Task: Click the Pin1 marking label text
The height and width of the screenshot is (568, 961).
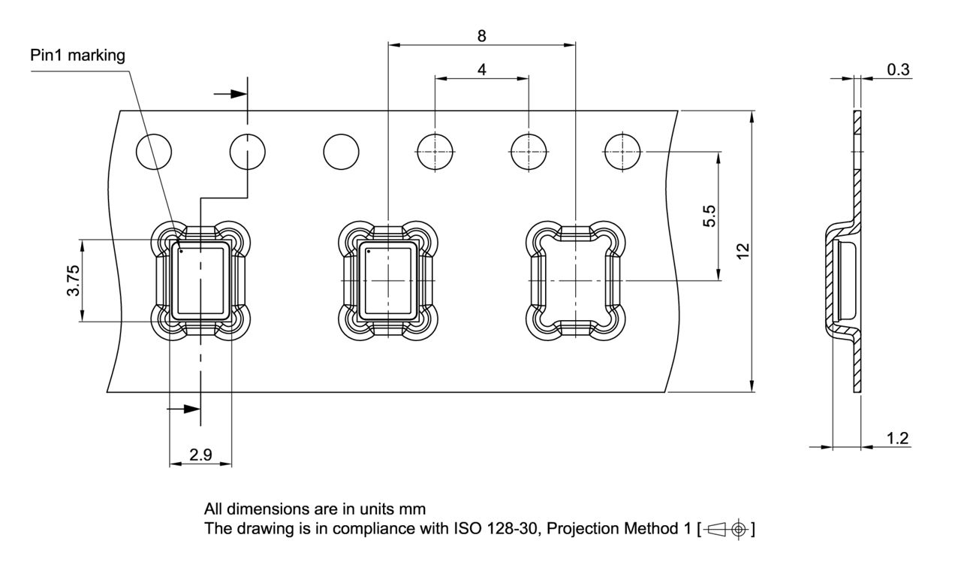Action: [78, 56]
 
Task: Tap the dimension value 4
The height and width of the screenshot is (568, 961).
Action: [481, 68]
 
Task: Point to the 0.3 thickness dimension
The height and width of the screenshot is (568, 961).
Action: [898, 69]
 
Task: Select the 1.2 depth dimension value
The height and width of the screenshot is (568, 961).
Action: [898, 439]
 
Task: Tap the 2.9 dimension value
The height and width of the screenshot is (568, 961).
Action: [200, 455]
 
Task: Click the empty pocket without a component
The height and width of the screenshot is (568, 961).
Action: [575, 280]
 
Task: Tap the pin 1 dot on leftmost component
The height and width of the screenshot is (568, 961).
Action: [181, 251]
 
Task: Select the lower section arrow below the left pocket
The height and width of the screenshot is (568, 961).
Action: [184, 409]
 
